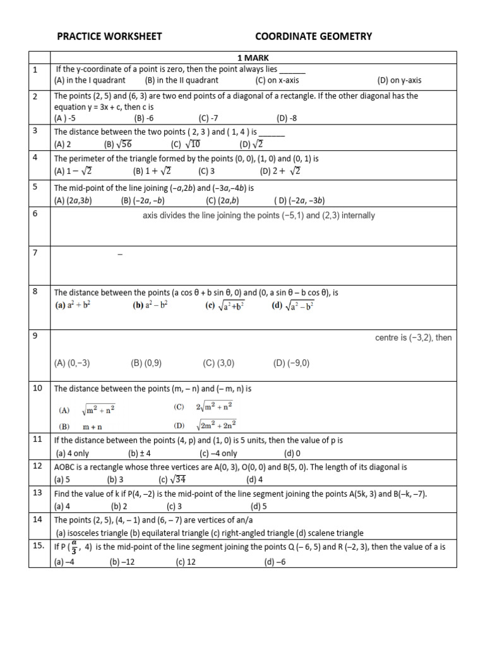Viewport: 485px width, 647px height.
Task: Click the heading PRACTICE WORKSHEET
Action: click(x=109, y=37)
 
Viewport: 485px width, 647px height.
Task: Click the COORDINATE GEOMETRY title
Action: click(x=313, y=37)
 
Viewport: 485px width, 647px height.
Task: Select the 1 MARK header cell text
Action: click(x=253, y=57)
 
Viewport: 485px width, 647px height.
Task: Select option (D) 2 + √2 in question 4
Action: click(x=280, y=171)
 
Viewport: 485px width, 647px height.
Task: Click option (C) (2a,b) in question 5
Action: click(x=222, y=201)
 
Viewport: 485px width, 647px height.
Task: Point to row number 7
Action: click(x=35, y=253)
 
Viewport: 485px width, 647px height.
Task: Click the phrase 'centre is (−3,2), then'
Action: click(x=413, y=337)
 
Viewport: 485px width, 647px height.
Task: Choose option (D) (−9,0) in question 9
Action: click(x=291, y=363)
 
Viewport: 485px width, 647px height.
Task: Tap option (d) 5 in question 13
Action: click(x=259, y=506)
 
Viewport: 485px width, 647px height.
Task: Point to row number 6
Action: click(x=35, y=214)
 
